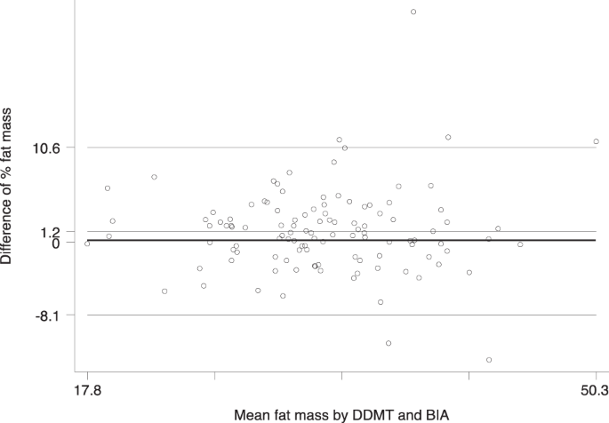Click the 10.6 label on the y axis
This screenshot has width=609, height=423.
[x=46, y=148]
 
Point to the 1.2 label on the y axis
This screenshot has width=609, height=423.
[x=51, y=231]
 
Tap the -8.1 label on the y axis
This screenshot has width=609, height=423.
[x=46, y=315]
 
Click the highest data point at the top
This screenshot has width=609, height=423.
[x=413, y=12]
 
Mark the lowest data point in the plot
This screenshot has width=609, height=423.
[x=489, y=360]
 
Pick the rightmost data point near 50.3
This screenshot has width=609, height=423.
[x=596, y=141]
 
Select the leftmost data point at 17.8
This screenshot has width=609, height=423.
[x=87, y=243]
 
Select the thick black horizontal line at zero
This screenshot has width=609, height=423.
[x=338, y=241]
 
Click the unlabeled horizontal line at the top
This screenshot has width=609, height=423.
[x=338, y=2]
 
